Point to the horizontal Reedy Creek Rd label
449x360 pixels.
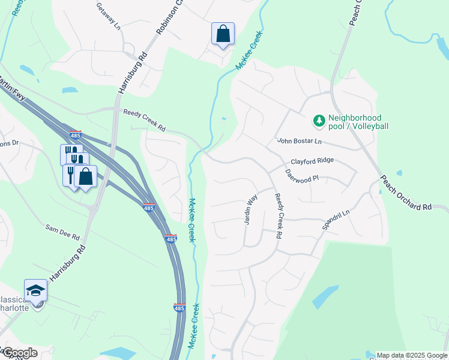point(144,120)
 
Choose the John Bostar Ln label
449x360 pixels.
point(300,141)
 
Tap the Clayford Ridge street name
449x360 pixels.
point(312,161)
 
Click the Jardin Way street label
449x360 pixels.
point(250,209)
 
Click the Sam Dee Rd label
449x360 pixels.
point(63,232)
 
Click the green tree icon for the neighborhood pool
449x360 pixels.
point(319,121)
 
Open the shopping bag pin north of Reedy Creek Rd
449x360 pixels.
point(223,34)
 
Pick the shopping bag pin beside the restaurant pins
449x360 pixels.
point(86,176)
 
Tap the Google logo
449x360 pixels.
point(19,353)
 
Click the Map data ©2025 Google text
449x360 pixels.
point(412,355)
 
